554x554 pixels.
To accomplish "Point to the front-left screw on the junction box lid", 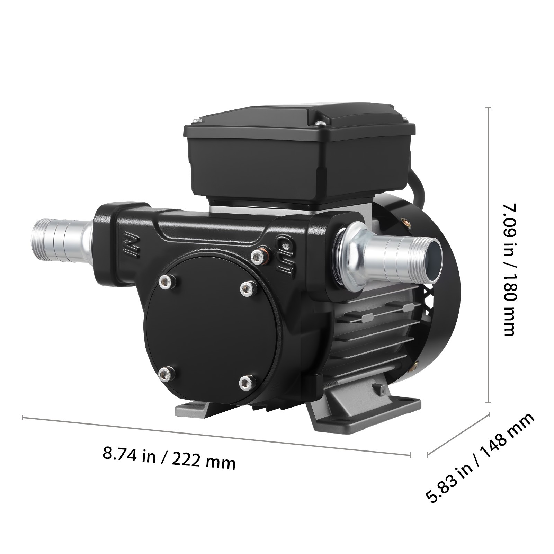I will [197, 120].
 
